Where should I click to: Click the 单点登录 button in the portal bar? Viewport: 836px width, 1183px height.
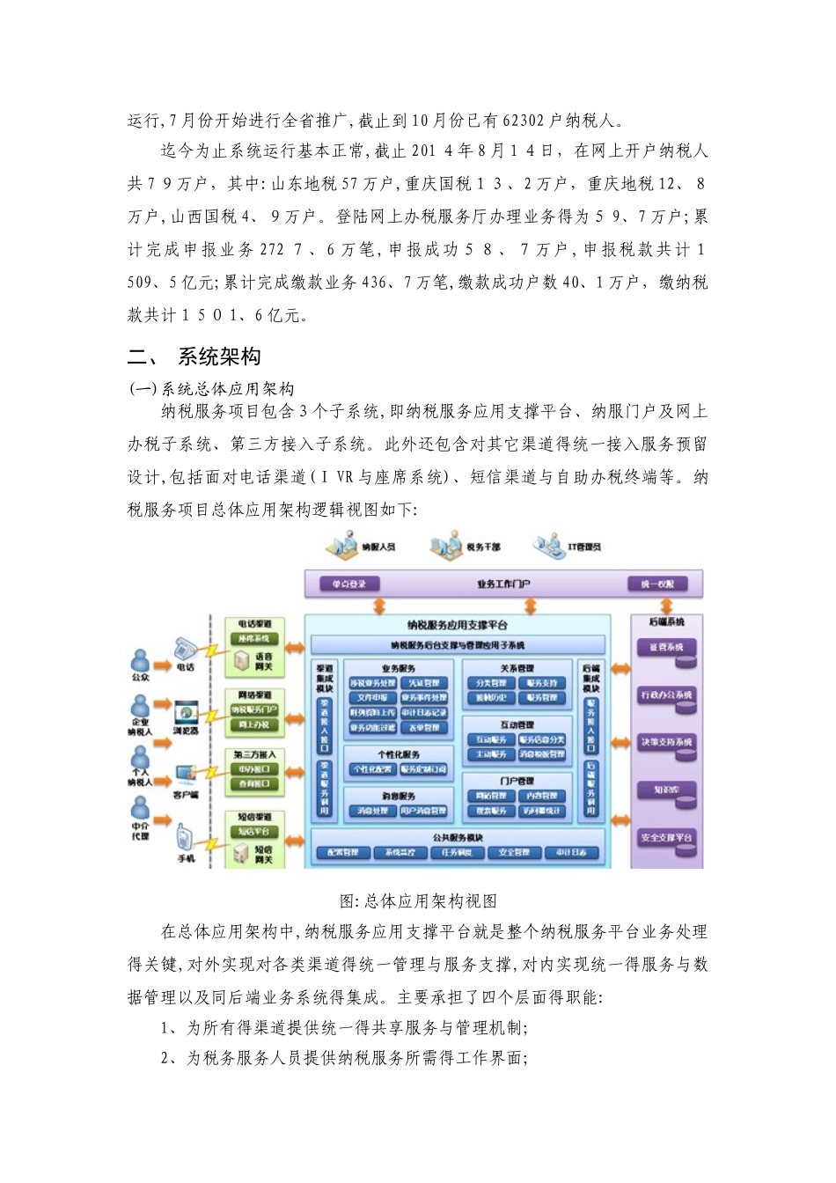(349, 584)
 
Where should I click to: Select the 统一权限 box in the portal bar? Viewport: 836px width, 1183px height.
(658, 584)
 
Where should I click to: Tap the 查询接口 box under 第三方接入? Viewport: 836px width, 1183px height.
(254, 783)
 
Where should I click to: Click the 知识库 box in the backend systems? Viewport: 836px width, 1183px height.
(666, 790)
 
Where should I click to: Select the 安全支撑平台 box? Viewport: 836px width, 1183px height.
(666, 838)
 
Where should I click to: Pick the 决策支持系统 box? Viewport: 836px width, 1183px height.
(666, 743)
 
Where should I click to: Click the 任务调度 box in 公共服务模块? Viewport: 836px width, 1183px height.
(456, 852)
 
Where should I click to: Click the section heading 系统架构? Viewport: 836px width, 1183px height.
(219, 356)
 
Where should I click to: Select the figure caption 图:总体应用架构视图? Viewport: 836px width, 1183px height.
(418, 901)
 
